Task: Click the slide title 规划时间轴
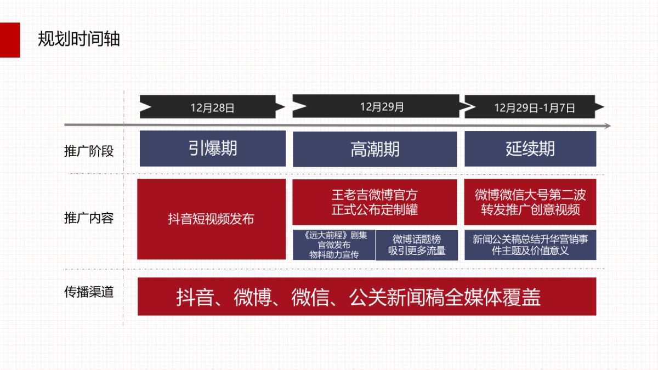coord(79,39)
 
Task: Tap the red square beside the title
coord(10,39)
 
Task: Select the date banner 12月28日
coord(212,107)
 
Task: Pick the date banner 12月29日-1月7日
coord(534,107)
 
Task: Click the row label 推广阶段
coord(89,151)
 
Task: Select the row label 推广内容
coord(89,218)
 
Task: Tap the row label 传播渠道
coord(89,292)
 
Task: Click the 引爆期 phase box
coord(212,149)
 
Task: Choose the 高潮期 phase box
coord(375,149)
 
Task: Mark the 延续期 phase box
coord(530,149)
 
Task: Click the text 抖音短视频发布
coord(211,219)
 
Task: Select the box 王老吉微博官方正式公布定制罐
coord(375,202)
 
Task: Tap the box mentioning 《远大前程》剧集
coord(334,245)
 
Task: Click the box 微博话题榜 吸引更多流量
coord(416,245)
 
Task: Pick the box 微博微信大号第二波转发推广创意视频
coord(530,202)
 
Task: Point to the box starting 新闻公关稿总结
coord(530,245)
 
